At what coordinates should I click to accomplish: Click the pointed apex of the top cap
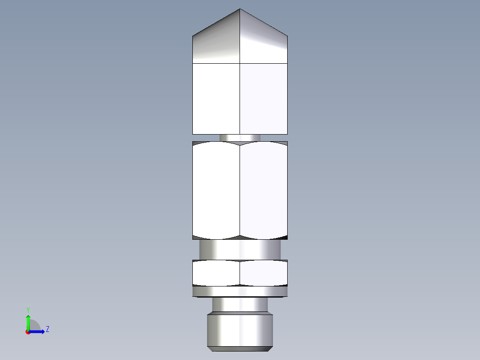pyautogui.click(x=240, y=9)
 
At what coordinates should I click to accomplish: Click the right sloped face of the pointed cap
pyautogui.click(x=263, y=42)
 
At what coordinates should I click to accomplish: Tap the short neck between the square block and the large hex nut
pyautogui.click(x=240, y=138)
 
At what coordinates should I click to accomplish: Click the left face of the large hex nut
pyautogui.click(x=216, y=191)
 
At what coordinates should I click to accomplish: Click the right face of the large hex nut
pyautogui.click(x=263, y=191)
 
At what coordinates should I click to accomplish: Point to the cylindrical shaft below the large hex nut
pyautogui.click(x=240, y=250)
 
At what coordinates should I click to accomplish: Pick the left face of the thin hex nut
pyautogui.click(x=216, y=273)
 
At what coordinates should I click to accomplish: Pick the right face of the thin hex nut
pyautogui.click(x=263, y=273)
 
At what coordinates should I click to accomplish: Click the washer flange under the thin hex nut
pyautogui.click(x=240, y=292)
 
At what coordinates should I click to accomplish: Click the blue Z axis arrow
pyautogui.click(x=39, y=331)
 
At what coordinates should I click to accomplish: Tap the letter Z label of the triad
pyautogui.click(x=47, y=329)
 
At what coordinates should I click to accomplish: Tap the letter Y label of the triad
pyautogui.click(x=28, y=309)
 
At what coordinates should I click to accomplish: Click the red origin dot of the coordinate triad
pyautogui.click(x=28, y=332)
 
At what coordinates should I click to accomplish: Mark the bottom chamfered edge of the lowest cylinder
pyautogui.click(x=240, y=348)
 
